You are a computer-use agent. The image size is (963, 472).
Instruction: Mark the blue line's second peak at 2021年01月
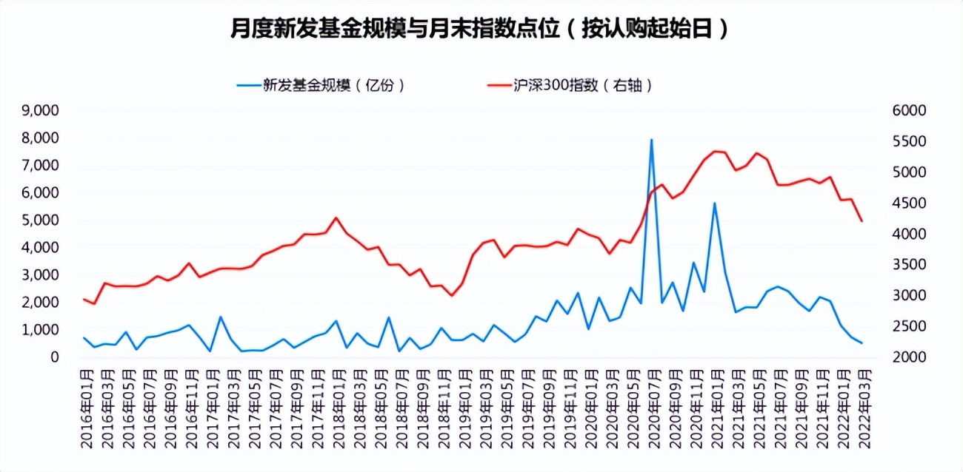[x=715, y=203]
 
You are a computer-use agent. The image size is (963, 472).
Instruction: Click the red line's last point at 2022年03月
[x=862, y=221]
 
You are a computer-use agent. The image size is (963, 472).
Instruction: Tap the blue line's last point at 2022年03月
[x=862, y=343]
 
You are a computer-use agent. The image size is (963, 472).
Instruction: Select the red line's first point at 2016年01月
[x=84, y=299]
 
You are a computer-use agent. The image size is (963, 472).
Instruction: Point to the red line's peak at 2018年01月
[x=336, y=218]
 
